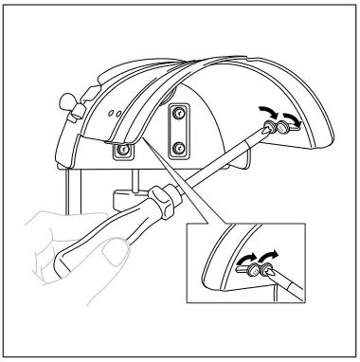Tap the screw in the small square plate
click(x=123, y=150)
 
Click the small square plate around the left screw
click(x=123, y=150)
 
